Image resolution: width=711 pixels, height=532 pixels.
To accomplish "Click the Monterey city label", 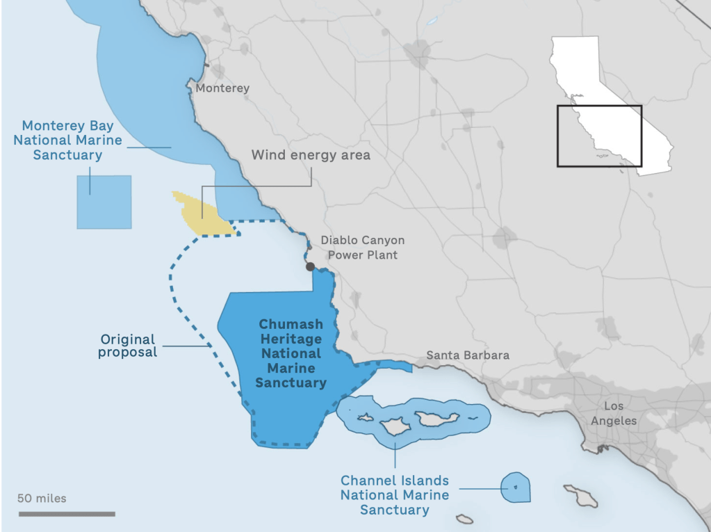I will tap(222, 88).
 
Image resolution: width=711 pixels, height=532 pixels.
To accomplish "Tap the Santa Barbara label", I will tap(467, 355).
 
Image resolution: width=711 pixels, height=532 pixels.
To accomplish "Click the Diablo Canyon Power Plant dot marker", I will tap(310, 266).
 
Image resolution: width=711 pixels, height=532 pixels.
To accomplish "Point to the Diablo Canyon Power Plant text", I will tap(362, 248).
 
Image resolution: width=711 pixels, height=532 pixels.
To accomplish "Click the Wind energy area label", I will tap(311, 155).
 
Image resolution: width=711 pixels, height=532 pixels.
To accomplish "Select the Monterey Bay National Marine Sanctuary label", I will tap(67, 140).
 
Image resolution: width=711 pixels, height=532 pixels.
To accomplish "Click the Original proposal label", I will tap(128, 346).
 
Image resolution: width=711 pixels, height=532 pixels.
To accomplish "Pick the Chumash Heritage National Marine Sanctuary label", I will tap(291, 353).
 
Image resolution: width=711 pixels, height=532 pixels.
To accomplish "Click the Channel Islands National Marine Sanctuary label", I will tap(394, 495).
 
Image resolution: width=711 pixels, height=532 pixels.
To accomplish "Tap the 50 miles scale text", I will tap(42, 498).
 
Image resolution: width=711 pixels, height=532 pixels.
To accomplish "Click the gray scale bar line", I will tap(67, 514).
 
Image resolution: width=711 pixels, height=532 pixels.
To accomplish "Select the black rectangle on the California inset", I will tap(599, 136).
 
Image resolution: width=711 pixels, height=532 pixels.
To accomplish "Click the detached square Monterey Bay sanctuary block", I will tap(104, 202).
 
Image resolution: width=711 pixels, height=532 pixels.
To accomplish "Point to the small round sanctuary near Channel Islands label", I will tap(516, 487).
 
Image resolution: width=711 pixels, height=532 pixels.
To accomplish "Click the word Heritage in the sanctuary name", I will tap(291, 339).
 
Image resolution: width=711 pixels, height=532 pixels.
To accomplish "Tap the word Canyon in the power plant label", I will tap(381, 240).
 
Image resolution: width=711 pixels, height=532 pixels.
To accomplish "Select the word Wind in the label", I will tap(268, 155).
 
